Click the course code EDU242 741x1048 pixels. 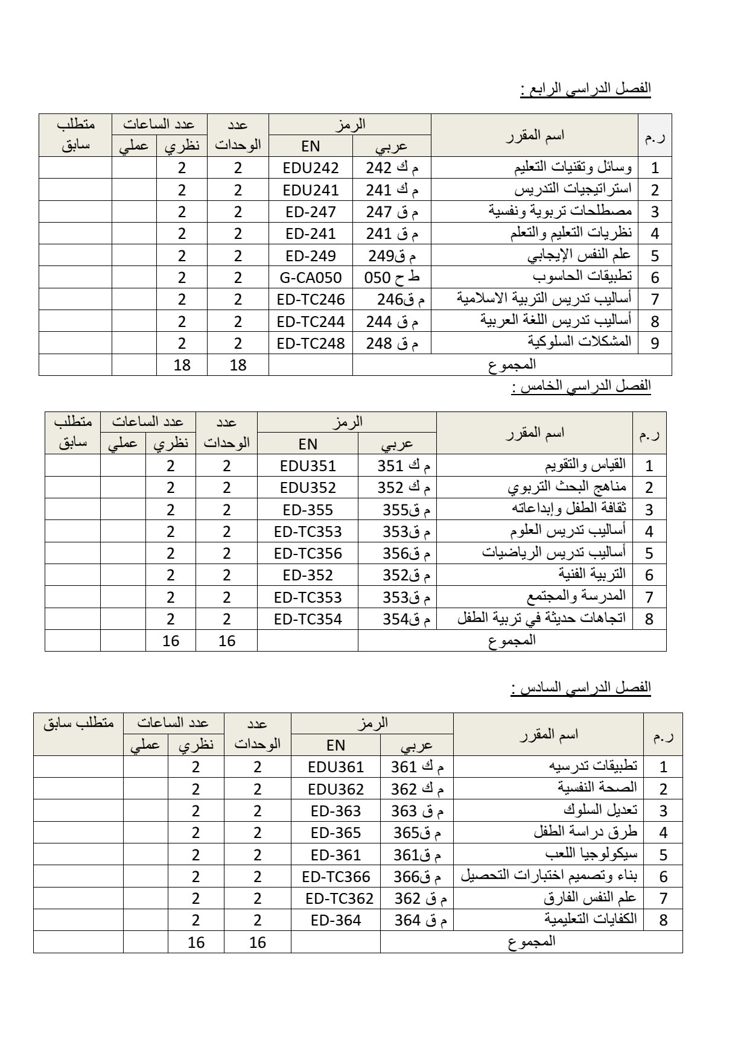[x=311, y=168]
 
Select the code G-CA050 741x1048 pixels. [x=311, y=278]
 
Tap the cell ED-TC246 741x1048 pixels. [x=311, y=299]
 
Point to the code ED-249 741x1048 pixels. [x=311, y=256]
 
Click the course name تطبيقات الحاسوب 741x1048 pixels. [x=582, y=276]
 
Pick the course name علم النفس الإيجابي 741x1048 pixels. [x=579, y=255]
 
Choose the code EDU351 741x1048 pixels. [x=308, y=466]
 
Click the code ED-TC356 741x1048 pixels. [x=308, y=553]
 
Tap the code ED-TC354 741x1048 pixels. [x=308, y=619]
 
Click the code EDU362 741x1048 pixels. [x=336, y=789]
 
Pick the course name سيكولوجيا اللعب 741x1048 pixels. [x=591, y=854]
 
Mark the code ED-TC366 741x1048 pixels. [x=336, y=877]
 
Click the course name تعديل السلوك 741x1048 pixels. [x=600, y=810]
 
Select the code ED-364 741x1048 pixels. [x=336, y=920]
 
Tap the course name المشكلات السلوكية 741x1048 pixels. [x=579, y=341]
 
